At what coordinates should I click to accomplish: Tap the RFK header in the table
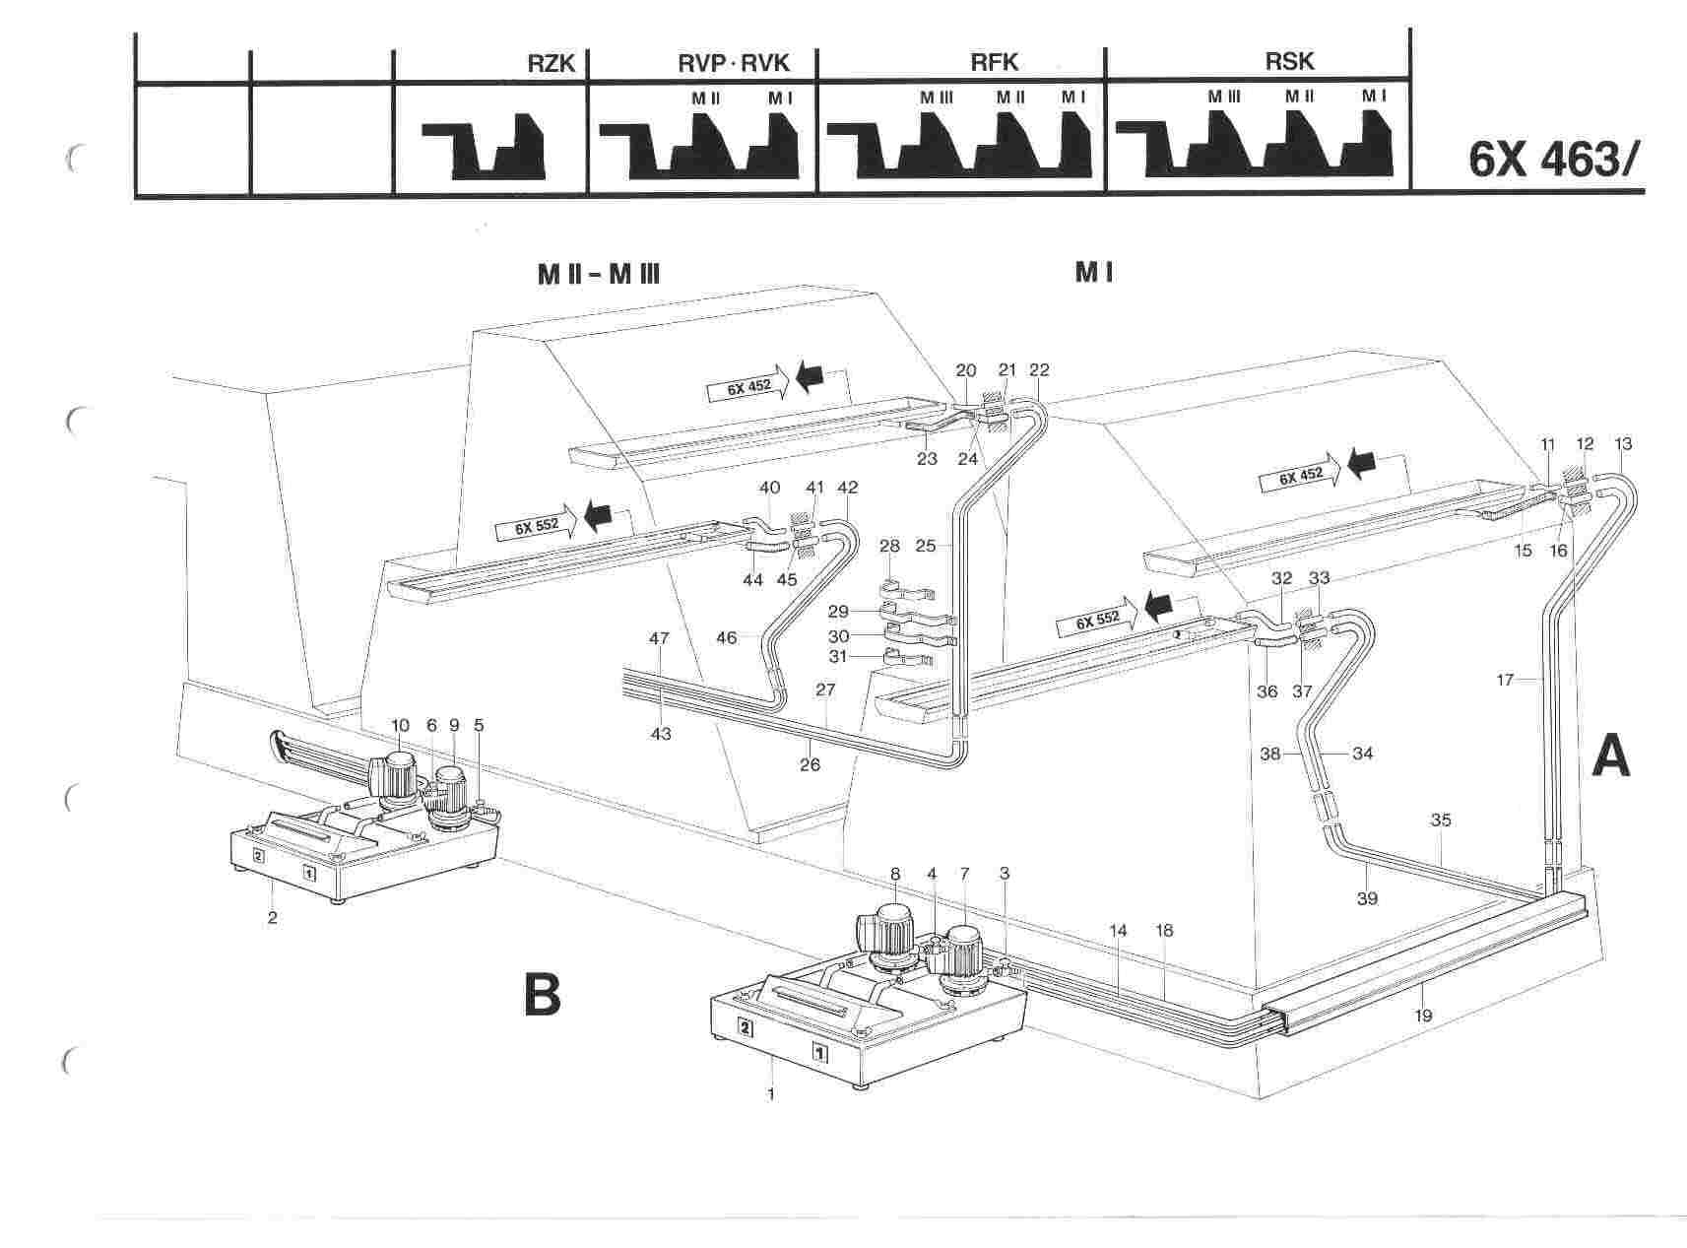click(994, 63)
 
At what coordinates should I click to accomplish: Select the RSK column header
click(1289, 62)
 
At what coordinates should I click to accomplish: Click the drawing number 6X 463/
click(1555, 159)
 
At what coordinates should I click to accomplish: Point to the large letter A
click(1611, 759)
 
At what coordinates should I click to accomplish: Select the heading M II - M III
click(598, 274)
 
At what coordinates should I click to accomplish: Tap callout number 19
click(1423, 1016)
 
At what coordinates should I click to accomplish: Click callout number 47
click(659, 638)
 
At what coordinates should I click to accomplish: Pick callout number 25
click(927, 544)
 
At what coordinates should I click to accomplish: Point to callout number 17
click(1504, 679)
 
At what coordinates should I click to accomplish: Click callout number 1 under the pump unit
click(771, 1093)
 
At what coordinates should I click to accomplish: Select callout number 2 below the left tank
click(273, 917)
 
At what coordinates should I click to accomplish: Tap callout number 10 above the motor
click(399, 726)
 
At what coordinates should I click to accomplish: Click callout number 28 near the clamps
click(889, 546)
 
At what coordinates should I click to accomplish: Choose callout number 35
click(1441, 820)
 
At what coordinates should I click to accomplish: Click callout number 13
click(1624, 444)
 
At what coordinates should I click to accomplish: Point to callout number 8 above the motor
click(894, 873)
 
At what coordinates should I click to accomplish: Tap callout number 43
click(661, 734)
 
